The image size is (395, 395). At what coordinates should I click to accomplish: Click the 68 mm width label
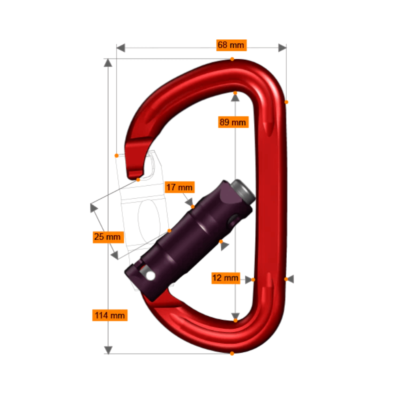pyautogui.click(x=231, y=45)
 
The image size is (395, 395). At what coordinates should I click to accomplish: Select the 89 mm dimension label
pyautogui.click(x=233, y=122)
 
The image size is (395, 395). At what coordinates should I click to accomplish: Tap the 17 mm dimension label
pyautogui.click(x=179, y=187)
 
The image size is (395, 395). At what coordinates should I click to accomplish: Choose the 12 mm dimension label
pyautogui.click(x=225, y=278)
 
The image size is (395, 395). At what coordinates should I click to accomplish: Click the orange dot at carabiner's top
pyautogui.click(x=232, y=59)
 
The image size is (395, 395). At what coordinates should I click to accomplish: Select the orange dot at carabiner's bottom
pyautogui.click(x=232, y=353)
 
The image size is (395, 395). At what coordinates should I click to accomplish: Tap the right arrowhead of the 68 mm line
pyautogui.click(x=282, y=48)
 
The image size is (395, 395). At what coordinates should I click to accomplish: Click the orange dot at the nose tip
pyautogui.click(x=138, y=180)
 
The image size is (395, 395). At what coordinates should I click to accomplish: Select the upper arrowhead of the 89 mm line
pyautogui.click(x=235, y=97)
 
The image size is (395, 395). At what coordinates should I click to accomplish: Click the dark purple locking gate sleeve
pyautogui.click(x=190, y=237)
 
